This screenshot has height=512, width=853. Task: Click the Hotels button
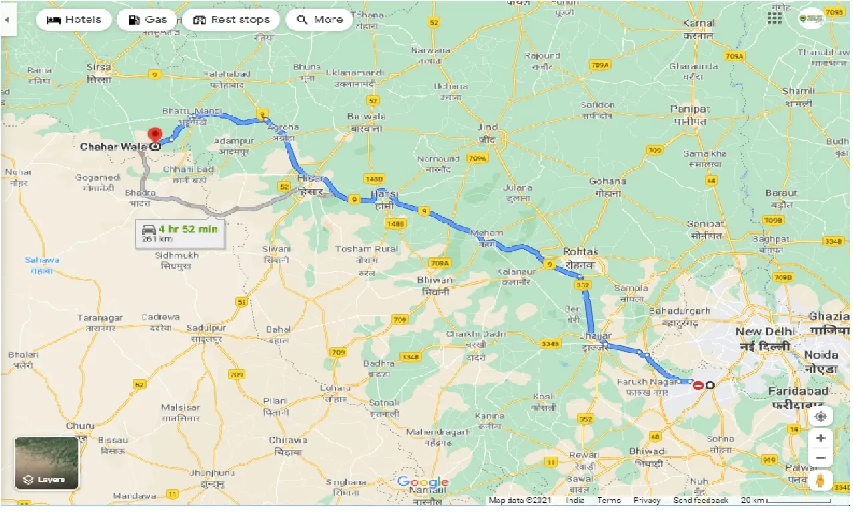point(73,19)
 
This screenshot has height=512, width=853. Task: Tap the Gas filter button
point(147,19)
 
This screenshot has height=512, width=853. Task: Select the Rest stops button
point(231,19)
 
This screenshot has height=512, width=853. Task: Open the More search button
point(319,19)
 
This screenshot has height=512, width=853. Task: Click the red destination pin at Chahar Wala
point(155,136)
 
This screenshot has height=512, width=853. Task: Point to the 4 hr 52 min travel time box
point(179,233)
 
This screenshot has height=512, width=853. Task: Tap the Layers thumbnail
point(47,463)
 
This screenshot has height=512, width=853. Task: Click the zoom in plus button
point(821,438)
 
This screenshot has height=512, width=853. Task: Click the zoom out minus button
point(821,458)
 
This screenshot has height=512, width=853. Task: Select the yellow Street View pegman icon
point(821,481)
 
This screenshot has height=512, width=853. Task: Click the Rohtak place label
point(580,252)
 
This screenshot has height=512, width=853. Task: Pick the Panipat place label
point(690,109)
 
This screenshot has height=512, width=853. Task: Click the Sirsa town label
point(98,67)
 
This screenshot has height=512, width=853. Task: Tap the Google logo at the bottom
point(423,482)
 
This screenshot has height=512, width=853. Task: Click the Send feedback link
point(700,500)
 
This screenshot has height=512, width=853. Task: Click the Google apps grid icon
point(774,18)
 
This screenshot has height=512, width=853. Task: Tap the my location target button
point(821,416)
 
